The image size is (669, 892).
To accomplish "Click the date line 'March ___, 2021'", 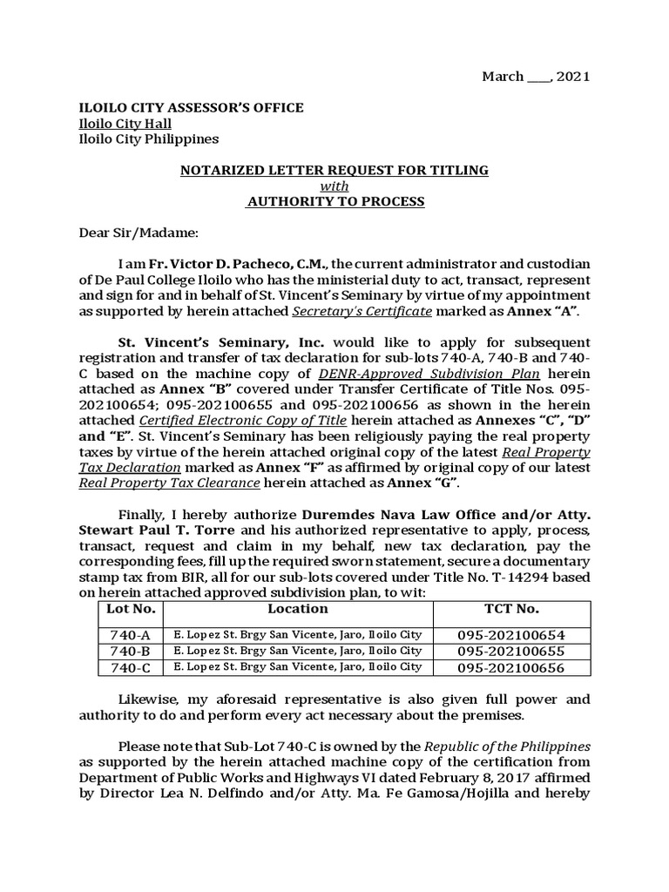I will click(536, 77).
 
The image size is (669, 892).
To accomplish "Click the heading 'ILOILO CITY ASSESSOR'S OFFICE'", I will click(192, 108).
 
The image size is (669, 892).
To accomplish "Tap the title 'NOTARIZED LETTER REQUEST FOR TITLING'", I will click(334, 171).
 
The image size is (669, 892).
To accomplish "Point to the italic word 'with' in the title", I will click(334, 186).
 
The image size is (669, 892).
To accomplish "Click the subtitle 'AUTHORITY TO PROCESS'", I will click(335, 202).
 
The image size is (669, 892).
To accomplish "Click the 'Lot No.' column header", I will click(131, 609).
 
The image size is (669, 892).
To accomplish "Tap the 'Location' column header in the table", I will click(298, 609).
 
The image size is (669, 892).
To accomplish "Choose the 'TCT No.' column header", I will click(511, 609).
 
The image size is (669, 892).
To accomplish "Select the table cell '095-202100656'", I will click(511, 668).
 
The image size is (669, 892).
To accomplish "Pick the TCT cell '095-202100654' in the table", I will click(511, 635).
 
